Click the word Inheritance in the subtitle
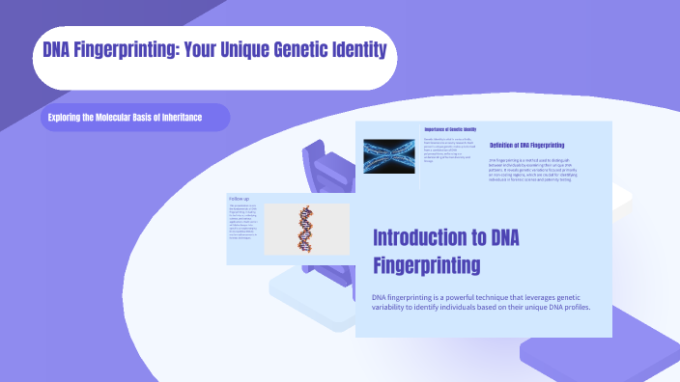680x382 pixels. (178, 118)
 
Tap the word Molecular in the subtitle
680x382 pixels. (119, 118)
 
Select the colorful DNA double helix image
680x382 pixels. (306, 229)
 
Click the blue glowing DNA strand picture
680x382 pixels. (388, 156)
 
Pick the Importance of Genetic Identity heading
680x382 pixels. (451, 128)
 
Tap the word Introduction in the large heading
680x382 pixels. (425, 237)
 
